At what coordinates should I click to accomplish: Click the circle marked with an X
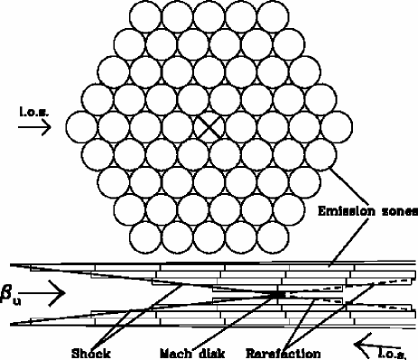[209, 125]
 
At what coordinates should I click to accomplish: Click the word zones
[396, 212]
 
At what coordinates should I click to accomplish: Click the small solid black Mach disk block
[278, 294]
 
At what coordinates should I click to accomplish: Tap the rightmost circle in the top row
[271, 16]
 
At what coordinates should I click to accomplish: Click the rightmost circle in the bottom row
[271, 235]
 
